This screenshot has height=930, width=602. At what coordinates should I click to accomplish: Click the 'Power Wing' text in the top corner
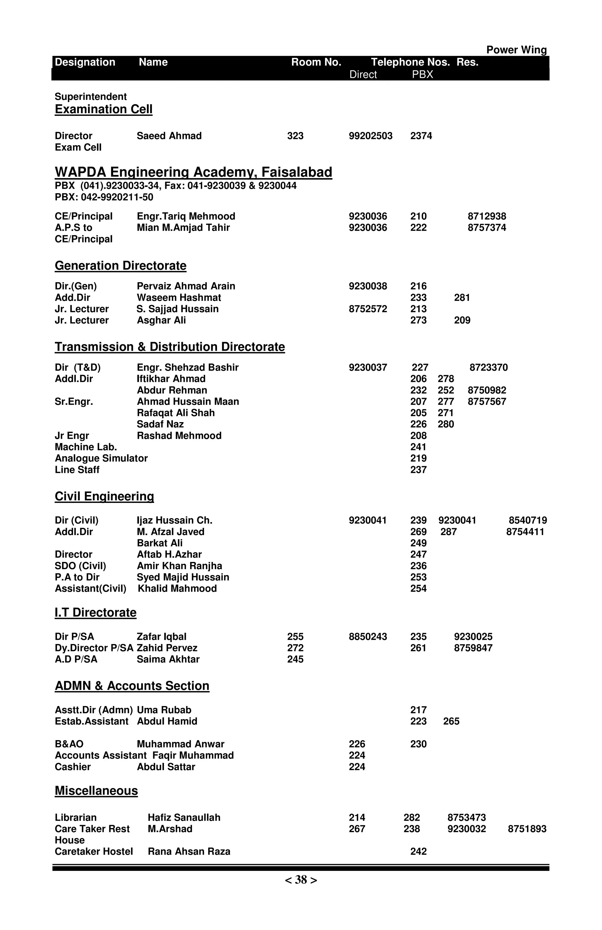tap(516, 50)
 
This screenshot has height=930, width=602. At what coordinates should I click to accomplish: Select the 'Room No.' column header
tap(316, 62)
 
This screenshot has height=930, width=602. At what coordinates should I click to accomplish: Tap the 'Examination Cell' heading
tap(103, 109)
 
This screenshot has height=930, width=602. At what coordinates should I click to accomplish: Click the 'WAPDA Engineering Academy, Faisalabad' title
tap(193, 172)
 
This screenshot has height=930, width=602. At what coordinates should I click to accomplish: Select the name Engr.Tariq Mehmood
tap(186, 216)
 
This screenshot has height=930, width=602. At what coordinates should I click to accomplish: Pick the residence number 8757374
tap(487, 228)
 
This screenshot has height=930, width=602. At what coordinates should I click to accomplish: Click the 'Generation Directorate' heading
tap(120, 266)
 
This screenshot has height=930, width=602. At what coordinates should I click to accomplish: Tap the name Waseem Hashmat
tap(179, 297)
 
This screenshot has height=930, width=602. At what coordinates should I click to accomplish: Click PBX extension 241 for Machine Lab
tap(418, 447)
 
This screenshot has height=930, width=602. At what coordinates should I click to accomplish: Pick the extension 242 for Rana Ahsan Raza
tap(418, 852)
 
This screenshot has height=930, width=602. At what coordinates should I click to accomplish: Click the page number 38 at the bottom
tap(301, 880)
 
